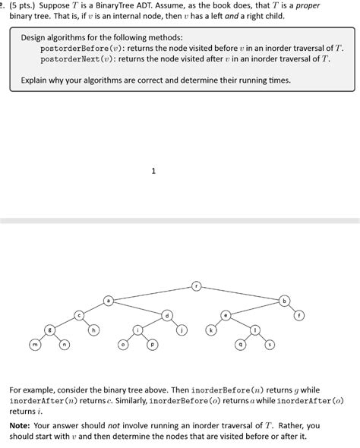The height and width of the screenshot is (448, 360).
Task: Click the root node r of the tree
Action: (x=196, y=286)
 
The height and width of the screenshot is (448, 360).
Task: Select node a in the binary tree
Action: (x=108, y=301)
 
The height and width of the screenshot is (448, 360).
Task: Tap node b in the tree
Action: (x=285, y=301)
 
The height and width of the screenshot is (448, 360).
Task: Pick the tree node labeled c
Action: (x=78, y=315)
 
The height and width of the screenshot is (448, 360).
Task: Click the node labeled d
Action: (x=167, y=315)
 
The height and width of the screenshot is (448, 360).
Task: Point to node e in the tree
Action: (x=226, y=315)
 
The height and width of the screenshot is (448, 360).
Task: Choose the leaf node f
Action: (x=299, y=315)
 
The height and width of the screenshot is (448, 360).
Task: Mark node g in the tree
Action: (x=49, y=330)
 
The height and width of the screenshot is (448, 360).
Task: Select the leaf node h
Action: (x=93, y=330)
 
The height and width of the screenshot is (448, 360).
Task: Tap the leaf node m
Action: (x=35, y=345)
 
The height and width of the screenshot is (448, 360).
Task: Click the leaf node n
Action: (x=64, y=345)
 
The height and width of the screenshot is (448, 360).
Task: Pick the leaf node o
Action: (x=123, y=345)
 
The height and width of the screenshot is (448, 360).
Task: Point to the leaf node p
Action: (x=152, y=345)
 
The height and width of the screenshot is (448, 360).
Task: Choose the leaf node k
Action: (x=211, y=330)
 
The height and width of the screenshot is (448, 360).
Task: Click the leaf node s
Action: (x=270, y=345)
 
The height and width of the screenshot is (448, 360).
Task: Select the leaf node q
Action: (x=240, y=345)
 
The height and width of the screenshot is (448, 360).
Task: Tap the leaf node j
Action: (x=182, y=330)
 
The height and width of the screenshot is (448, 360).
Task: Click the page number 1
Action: (x=153, y=171)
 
